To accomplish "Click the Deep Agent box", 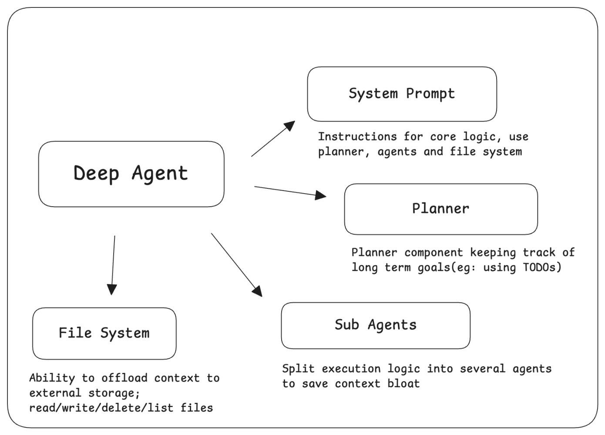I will tap(131, 174).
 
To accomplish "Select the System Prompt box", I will tap(402, 94).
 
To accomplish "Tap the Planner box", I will tap(440, 209).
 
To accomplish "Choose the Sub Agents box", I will tap(375, 325).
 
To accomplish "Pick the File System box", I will tap(104, 333).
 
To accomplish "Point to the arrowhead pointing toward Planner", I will tap(320, 195).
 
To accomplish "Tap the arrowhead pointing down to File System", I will tap(112, 289).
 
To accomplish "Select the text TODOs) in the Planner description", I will tap(542, 267).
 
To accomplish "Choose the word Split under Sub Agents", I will tap(298, 369).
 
